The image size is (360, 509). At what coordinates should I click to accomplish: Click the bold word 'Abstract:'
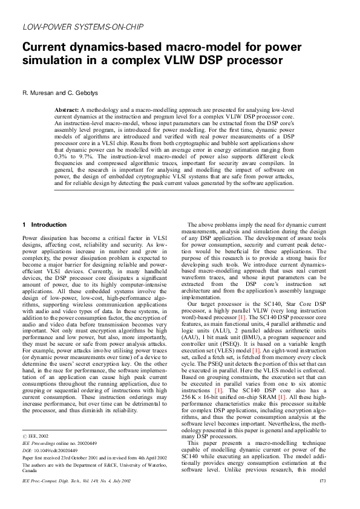(x=67, y=109)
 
